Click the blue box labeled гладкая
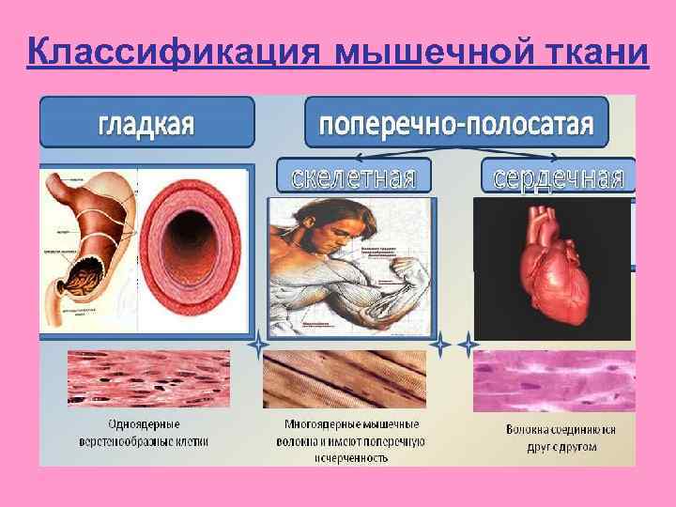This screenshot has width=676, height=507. [x=146, y=122]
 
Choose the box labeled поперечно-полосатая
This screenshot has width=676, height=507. [x=456, y=122]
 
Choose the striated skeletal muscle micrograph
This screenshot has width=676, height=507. [x=348, y=379]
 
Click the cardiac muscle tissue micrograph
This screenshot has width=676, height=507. [x=554, y=381]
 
